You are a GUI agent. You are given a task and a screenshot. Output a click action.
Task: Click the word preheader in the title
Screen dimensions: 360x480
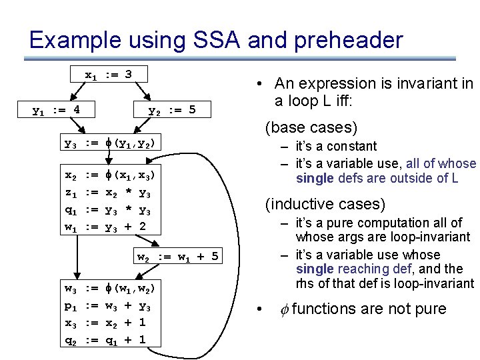click(345, 41)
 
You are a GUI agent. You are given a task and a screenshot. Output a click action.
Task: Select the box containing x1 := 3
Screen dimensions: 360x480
click(109, 74)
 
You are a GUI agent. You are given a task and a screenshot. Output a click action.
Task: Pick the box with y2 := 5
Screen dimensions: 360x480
click(172, 109)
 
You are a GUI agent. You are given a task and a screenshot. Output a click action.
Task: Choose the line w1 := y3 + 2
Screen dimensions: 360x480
click(105, 227)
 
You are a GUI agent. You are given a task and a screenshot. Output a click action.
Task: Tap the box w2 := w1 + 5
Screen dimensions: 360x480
click(177, 257)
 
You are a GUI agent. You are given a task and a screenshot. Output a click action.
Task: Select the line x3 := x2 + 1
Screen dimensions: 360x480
click(105, 323)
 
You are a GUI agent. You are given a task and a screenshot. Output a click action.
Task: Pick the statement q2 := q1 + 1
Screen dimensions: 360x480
click(105, 340)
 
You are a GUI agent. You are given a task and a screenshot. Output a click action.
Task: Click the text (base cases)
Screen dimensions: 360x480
click(311, 127)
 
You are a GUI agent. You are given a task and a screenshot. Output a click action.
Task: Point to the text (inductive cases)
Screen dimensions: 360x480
click(325, 204)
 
